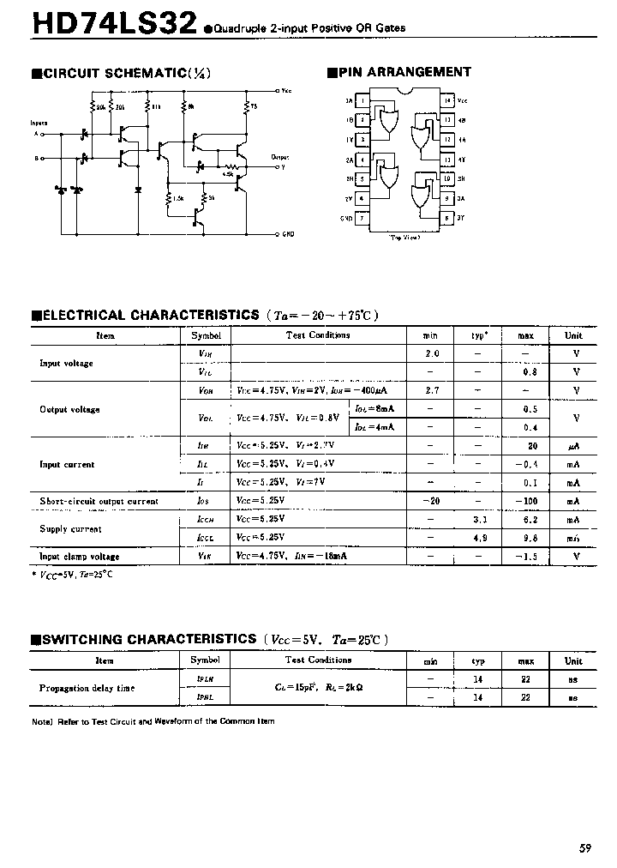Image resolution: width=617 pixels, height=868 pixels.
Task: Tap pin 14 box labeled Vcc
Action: click(x=447, y=100)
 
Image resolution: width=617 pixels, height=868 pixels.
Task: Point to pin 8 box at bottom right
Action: click(x=447, y=218)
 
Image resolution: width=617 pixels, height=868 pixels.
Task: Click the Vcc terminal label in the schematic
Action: click(x=286, y=90)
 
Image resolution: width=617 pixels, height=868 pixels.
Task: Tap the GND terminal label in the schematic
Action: click(x=287, y=233)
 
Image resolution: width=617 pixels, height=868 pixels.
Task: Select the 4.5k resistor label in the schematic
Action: click(x=227, y=174)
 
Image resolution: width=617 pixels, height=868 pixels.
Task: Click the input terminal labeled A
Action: click(x=36, y=134)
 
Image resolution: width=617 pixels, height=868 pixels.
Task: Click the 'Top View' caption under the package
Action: click(x=404, y=238)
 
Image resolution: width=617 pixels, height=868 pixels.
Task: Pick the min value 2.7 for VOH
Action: click(x=432, y=390)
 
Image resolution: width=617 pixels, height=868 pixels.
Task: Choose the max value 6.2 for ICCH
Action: click(x=531, y=520)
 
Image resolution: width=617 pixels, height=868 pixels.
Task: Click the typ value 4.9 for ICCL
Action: click(x=480, y=538)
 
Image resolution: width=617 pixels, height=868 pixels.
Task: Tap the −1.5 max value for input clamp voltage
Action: click(x=530, y=556)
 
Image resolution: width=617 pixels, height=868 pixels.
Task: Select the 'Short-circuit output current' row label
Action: click(x=99, y=501)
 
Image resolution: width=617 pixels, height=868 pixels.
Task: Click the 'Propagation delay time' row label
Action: click(x=87, y=688)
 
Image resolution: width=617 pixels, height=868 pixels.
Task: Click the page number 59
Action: click(x=584, y=848)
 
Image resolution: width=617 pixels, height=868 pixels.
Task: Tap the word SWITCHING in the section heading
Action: click(x=81, y=639)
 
